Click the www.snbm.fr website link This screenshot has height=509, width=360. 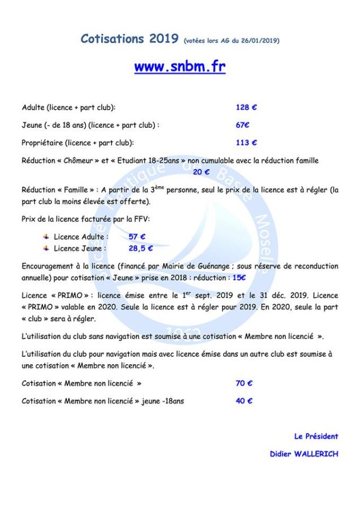[180, 67]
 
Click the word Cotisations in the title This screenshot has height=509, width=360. [112, 39]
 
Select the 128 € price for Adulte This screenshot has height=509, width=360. [246, 107]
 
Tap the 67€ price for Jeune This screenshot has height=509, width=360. [242, 125]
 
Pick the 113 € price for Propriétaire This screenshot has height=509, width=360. [246, 143]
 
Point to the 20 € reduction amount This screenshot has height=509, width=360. [201, 172]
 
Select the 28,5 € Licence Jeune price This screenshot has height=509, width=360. [141, 248]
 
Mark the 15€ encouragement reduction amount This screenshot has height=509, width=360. [239, 278]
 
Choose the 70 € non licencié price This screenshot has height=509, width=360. [244, 383]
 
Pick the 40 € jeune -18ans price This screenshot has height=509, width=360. [244, 401]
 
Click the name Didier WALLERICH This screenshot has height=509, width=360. [304, 454]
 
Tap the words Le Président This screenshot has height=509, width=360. [316, 436]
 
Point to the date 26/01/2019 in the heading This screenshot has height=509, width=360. [259, 41]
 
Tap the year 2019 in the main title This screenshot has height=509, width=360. [164, 39]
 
